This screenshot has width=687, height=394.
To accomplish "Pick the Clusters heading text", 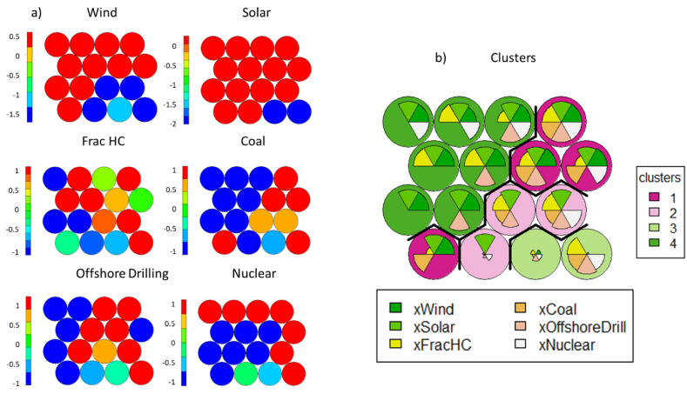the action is tap(510, 57).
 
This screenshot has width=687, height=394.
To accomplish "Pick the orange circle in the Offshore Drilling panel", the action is tap(106, 351).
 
